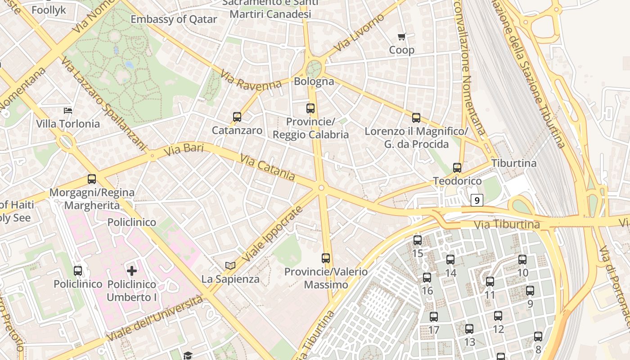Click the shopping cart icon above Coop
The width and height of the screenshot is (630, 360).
[x=401, y=36]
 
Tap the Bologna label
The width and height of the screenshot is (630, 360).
[x=314, y=81]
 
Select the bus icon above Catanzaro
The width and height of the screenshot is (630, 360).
[x=237, y=117]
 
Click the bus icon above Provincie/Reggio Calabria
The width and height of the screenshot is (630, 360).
[x=310, y=108]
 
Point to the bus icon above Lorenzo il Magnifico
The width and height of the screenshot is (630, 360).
[x=416, y=118]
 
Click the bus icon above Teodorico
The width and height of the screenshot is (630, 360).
[x=457, y=168]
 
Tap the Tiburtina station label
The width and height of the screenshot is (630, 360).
[x=514, y=163]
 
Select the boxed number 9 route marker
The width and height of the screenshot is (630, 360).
[x=477, y=200]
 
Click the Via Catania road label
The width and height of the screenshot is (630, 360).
[x=267, y=167]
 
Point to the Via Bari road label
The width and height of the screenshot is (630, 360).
[x=184, y=150]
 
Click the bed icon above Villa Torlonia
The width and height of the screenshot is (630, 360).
[x=68, y=110]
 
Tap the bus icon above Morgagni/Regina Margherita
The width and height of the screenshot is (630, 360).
[x=92, y=179]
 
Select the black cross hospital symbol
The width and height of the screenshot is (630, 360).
[x=132, y=271]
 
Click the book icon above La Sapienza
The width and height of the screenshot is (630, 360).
[x=230, y=265]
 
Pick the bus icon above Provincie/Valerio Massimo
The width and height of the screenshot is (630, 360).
[x=326, y=258]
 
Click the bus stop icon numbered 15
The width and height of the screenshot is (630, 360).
[x=418, y=240]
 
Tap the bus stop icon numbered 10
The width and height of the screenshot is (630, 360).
[x=522, y=260]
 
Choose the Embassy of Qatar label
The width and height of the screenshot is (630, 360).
[x=174, y=19]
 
